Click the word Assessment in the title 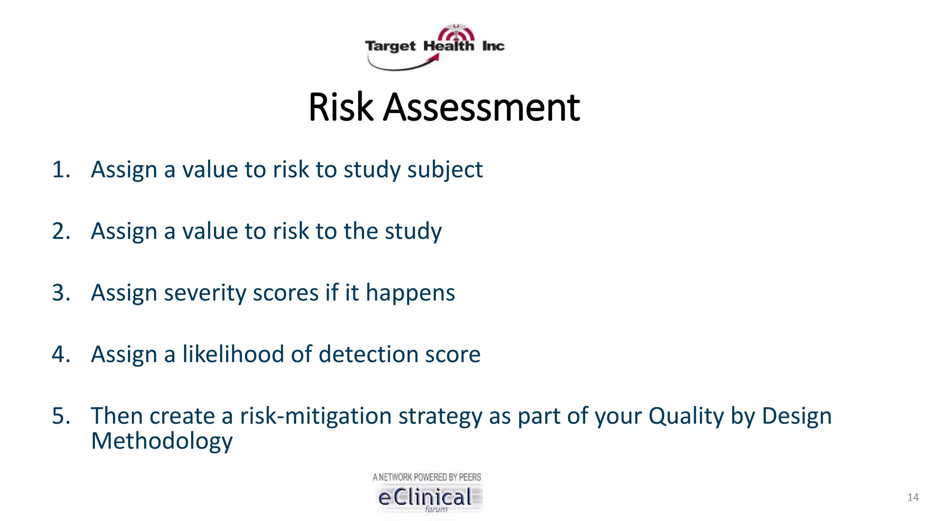click(481, 108)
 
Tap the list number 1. click(61, 170)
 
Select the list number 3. click(61, 293)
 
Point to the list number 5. click(61, 416)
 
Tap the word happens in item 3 click(410, 293)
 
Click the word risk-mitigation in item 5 click(316, 416)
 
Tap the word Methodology click(161, 441)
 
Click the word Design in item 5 click(796, 416)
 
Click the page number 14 click(912, 497)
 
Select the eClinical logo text click(425, 497)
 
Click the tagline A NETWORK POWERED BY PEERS click(427, 477)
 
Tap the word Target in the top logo click(390, 46)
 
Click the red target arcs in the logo click(457, 33)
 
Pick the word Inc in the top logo click(493, 46)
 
